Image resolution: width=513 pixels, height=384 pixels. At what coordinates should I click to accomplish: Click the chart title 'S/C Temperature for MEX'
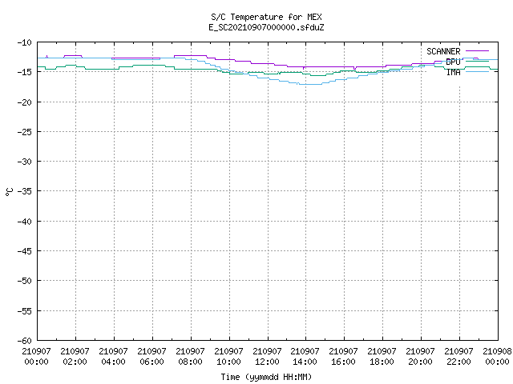tap(266, 17)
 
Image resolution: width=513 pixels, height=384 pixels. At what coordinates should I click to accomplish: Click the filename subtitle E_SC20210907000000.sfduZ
tap(266, 27)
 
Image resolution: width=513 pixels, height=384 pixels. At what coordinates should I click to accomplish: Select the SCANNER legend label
tap(443, 51)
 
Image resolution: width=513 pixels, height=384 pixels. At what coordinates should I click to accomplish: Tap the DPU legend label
tap(453, 62)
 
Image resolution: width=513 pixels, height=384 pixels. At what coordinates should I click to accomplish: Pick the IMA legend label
tap(453, 72)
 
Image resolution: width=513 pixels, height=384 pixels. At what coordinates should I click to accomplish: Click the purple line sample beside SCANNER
tap(477, 51)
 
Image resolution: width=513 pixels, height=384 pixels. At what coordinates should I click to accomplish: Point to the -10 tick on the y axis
tap(25, 42)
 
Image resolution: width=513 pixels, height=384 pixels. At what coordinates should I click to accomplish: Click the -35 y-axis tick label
tap(25, 191)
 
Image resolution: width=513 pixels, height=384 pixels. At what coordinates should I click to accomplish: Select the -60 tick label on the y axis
tap(25, 341)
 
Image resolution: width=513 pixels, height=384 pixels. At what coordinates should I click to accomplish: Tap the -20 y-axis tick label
tap(25, 102)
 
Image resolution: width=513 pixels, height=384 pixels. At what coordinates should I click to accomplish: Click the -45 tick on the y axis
tap(25, 251)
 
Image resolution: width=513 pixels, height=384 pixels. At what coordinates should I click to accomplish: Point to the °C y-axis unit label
tap(9, 192)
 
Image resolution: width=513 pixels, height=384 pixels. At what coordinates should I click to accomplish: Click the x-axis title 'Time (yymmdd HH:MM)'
tap(266, 377)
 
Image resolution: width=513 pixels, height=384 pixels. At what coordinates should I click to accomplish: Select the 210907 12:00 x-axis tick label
tap(267, 356)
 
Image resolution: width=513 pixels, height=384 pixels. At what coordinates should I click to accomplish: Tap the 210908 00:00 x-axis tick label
tap(497, 356)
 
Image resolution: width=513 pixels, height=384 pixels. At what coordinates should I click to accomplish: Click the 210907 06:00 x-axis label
tap(151, 356)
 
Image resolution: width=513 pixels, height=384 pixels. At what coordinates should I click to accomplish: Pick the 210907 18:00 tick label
tap(382, 356)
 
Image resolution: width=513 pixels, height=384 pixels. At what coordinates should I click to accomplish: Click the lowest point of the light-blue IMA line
tap(310, 84)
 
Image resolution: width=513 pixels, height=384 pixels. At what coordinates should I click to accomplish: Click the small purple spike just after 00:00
tap(46, 56)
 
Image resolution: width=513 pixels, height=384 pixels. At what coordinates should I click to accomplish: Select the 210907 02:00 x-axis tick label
tap(75, 356)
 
